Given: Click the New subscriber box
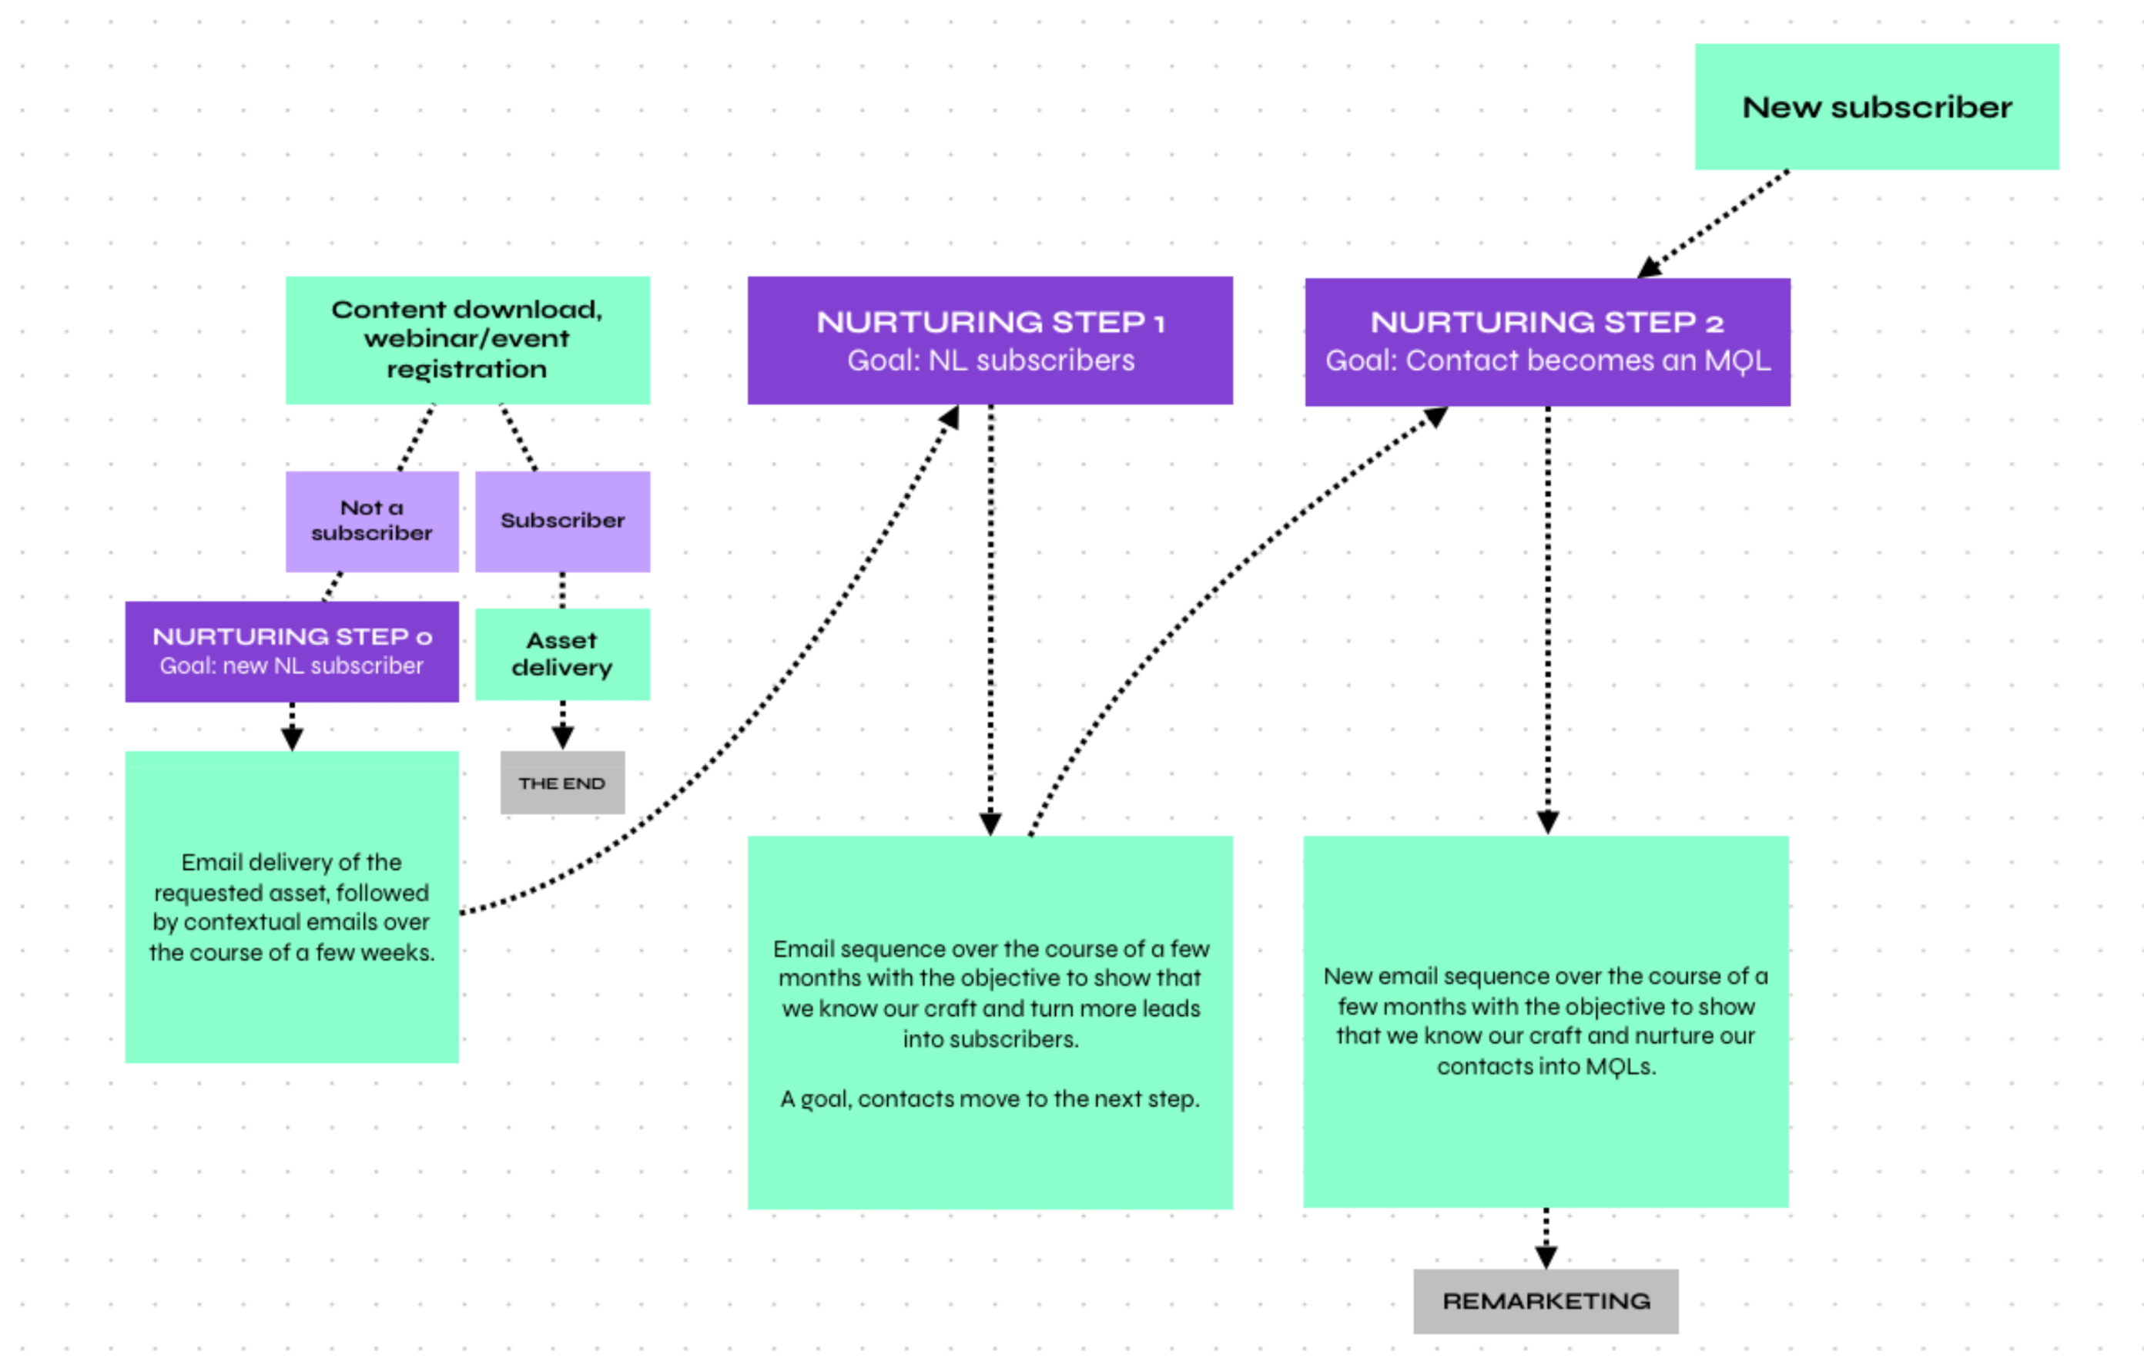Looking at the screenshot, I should pos(1876,107).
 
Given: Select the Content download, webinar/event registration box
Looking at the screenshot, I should pos(467,339).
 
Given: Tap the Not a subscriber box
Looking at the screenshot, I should pos(371,521).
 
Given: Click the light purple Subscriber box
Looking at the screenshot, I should pos(562,521).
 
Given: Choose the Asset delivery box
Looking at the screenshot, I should pos(562,655).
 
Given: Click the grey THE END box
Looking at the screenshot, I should pos(562,783).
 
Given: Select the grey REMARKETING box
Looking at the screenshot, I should pos(1546,1301).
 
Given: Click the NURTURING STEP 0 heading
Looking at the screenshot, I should pos(292,636).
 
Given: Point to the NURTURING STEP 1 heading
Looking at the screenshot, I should pos(990,322).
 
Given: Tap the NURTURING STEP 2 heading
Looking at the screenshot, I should pos(1546,322).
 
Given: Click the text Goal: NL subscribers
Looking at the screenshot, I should pos(990,361).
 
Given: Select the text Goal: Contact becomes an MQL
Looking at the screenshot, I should pos(1547,361).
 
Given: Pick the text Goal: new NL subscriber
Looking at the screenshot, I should pos(292,666).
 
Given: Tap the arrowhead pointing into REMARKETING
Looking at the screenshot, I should pos(1546,1256).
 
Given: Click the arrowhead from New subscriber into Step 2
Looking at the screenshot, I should pos(1650,267).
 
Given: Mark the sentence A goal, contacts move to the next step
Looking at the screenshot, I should pos(990,1098).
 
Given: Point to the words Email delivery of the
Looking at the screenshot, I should pos(291,862).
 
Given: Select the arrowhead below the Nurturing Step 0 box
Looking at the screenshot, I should pos(292,739).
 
